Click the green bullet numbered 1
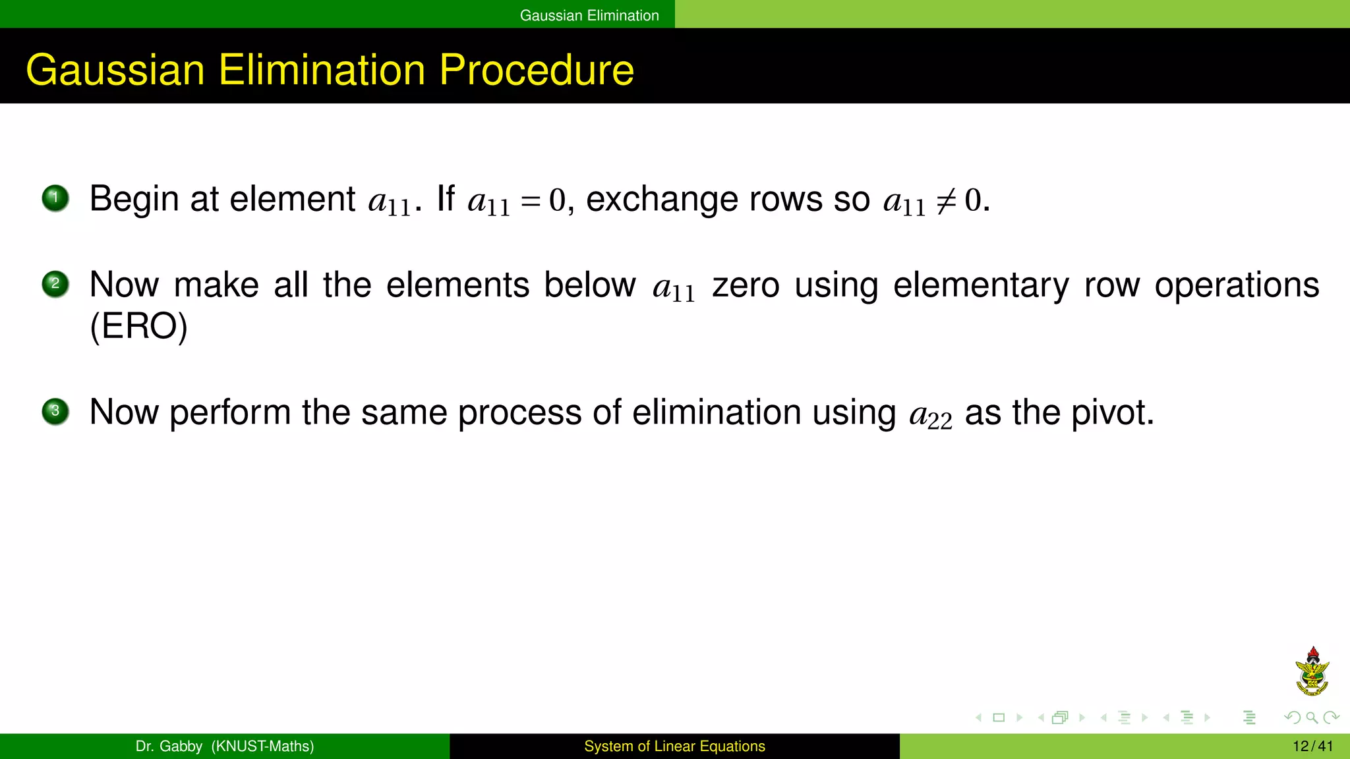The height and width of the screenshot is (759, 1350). [55, 198]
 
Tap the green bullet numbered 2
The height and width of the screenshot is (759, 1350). [55, 285]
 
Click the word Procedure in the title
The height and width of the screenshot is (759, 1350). [536, 70]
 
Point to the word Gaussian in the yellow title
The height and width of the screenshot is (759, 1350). [115, 70]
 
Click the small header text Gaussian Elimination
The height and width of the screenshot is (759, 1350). [589, 15]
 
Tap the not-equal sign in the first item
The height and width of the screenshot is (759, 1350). [946, 200]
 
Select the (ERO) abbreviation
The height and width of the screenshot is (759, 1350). [138, 326]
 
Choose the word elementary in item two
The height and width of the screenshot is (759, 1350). [981, 285]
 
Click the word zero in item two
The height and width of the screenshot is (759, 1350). [746, 285]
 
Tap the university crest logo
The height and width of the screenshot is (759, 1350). [1312, 671]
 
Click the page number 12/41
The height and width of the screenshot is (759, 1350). [1312, 746]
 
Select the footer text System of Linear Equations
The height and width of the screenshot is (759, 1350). [674, 746]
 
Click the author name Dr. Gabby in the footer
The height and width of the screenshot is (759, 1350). [169, 746]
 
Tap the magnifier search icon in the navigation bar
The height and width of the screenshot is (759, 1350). [1312, 717]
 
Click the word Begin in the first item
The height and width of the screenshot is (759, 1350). [134, 199]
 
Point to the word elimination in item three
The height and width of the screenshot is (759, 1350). [717, 412]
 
